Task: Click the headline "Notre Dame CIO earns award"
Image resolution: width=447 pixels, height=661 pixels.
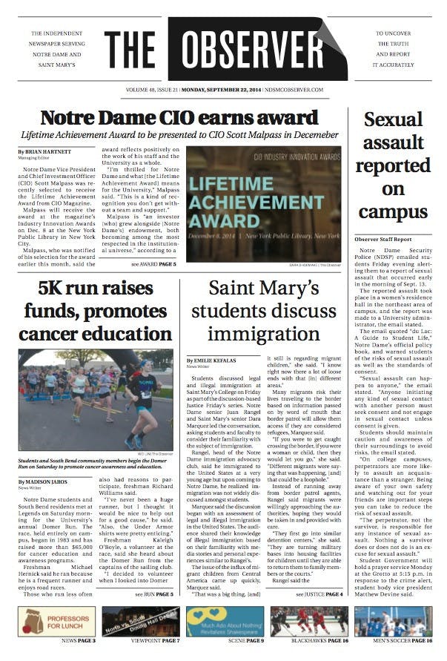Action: coord(179,118)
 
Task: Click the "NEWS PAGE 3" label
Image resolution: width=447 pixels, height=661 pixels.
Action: coord(78,639)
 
